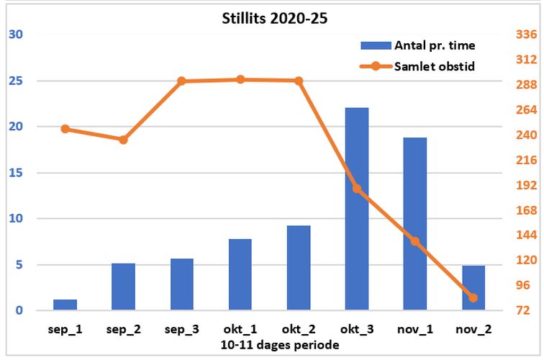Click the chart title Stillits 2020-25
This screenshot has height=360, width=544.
pos(274,19)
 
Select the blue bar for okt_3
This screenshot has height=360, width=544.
pos(357,209)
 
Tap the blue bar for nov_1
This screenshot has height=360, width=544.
pos(415,224)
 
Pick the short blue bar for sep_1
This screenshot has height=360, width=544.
pos(65,305)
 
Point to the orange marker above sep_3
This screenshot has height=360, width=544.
pos(182,81)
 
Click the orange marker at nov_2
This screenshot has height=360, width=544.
pos(473,297)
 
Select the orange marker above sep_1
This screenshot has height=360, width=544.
pos(65,129)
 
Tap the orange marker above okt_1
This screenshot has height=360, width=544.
pos(240,79)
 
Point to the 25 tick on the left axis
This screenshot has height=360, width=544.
pos(14,81)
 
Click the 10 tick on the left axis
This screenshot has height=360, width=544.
pos(14,219)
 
